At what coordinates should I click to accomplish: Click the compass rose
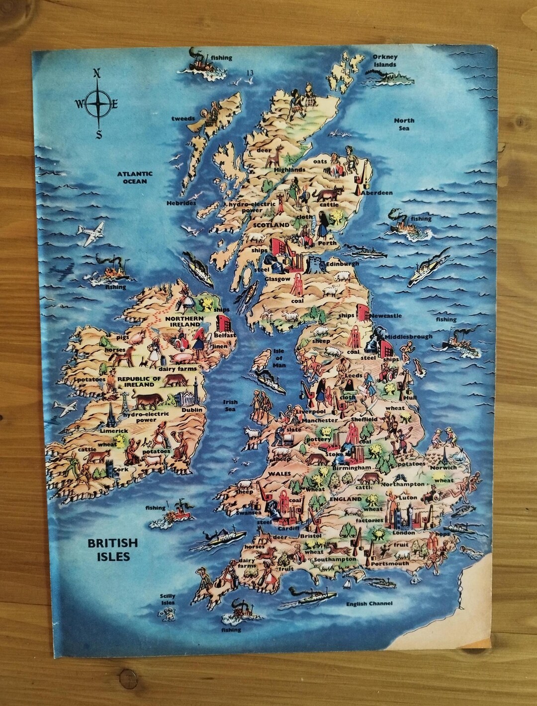click(98, 103)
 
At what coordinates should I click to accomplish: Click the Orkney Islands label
click(385, 61)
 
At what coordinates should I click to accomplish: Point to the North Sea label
click(404, 124)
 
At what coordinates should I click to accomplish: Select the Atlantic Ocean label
click(135, 178)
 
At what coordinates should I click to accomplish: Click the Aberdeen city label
click(377, 193)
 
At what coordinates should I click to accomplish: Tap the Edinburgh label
click(343, 264)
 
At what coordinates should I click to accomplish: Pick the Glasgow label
click(277, 279)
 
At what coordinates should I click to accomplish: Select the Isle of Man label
click(279, 358)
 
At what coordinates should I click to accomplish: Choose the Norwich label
click(444, 467)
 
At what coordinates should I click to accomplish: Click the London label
click(403, 533)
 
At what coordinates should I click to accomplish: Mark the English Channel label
click(369, 604)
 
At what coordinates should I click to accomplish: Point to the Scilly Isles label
click(168, 599)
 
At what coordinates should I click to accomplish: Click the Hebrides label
click(181, 203)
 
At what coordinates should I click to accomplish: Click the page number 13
click(250, 73)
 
